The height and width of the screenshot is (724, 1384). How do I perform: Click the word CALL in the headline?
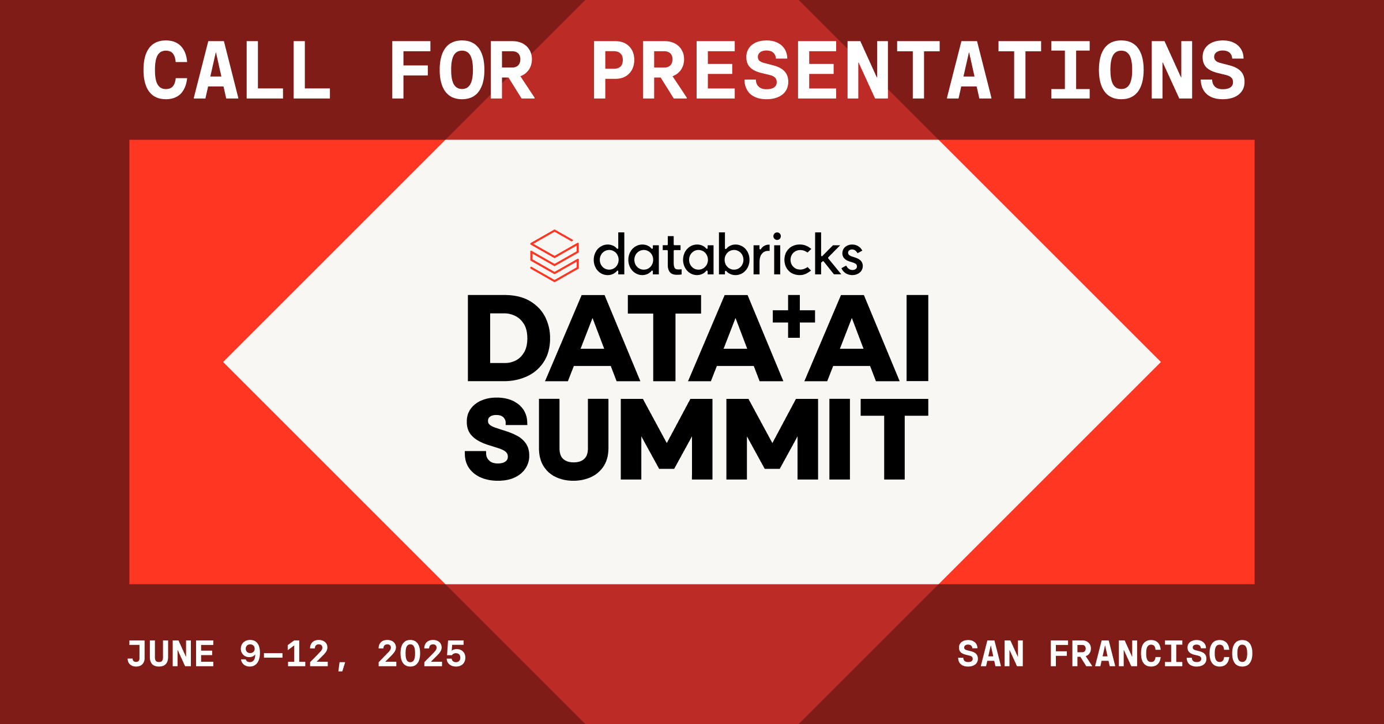236,70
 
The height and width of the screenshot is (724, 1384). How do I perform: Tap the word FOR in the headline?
463,70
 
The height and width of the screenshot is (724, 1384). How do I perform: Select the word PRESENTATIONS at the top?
919,70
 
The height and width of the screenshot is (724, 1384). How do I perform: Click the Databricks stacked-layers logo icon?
554,256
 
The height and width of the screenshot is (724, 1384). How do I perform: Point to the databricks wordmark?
728,254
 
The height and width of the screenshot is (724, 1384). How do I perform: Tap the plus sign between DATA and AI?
793,316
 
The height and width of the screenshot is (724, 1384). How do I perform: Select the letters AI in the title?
866,338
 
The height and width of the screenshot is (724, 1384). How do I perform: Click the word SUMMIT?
697,439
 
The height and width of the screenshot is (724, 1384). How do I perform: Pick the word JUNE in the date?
171,654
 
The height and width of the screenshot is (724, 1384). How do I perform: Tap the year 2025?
422,654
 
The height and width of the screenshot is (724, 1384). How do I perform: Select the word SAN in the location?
991,654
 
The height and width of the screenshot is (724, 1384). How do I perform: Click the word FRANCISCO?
1151,654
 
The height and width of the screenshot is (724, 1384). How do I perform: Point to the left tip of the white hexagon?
224,362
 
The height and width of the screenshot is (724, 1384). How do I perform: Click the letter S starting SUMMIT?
497,439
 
